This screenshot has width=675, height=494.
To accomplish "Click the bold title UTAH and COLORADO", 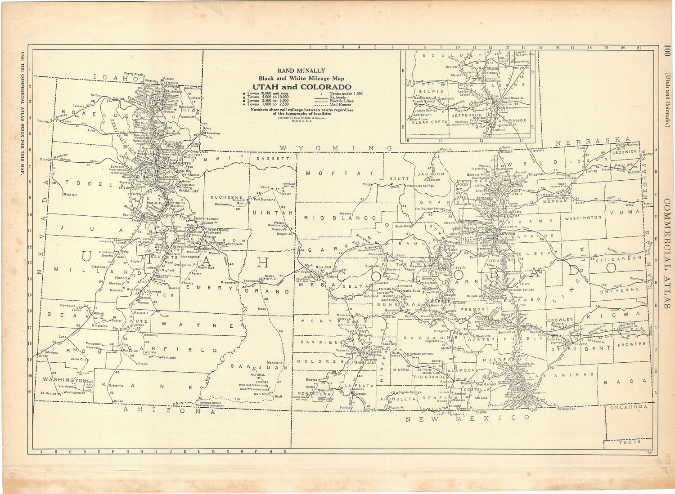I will click(x=301, y=87).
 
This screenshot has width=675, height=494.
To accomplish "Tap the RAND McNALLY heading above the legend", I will click(x=301, y=71).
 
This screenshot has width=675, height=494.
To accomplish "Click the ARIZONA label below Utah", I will click(x=156, y=410).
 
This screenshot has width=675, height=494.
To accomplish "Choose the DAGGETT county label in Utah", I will click(x=274, y=159).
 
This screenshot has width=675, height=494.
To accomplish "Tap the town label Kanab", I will click(x=118, y=401).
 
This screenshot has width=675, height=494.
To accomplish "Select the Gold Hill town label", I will click(x=71, y=195).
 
